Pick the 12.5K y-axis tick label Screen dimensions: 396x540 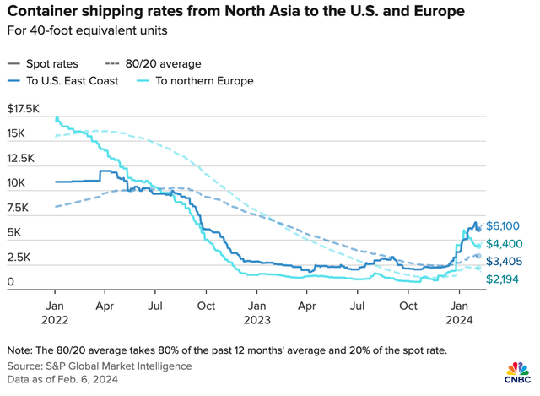pos(22,159)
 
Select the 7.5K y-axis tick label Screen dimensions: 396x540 pos(19,208)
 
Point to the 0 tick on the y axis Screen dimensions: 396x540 pos(9,282)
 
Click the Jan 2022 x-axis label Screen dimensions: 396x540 pos(55,311)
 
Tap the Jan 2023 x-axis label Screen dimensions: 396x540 pos(257,311)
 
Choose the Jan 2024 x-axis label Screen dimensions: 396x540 pos(460,311)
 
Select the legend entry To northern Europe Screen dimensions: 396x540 pos(203,81)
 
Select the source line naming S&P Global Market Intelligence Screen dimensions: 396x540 pos(100,366)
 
